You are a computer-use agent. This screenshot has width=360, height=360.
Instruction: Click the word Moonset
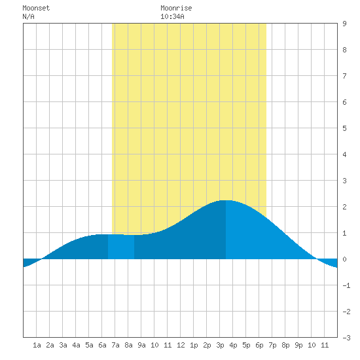pyautogui.click(x=36, y=8)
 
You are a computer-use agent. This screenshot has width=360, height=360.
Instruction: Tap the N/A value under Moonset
pyautogui.click(x=28, y=16)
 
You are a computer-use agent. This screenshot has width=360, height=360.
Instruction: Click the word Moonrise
pyautogui.click(x=176, y=8)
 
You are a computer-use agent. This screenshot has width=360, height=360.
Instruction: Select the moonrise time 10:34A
pyautogui.click(x=172, y=16)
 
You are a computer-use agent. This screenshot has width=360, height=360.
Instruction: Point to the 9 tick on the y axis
pyautogui.click(x=344, y=24)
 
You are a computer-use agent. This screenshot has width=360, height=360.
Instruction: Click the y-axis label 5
pyautogui.click(x=344, y=128)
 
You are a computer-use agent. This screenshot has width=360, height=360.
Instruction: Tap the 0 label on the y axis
pyautogui.click(x=344, y=259)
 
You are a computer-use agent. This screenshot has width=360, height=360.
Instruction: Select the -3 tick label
pyautogui.click(x=346, y=338)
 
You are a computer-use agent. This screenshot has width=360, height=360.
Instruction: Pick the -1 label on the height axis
pyautogui.click(x=346, y=285)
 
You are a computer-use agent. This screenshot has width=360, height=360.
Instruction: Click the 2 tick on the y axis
pyautogui.click(x=344, y=207)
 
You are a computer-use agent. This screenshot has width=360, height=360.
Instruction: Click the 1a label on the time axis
pyautogui.click(x=37, y=345)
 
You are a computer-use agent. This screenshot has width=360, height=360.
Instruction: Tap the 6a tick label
pyautogui.click(x=102, y=345)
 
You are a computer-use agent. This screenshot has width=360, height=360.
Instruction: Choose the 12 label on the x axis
pyautogui.click(x=181, y=345)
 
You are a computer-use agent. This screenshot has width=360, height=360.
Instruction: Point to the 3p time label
pyautogui.click(x=220, y=345)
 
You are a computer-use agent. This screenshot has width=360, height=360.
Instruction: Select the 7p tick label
pyautogui.click(x=272, y=345)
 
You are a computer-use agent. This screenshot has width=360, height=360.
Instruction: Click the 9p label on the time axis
pyautogui.click(x=298, y=345)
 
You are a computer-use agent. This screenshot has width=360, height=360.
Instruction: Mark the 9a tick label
pyautogui.click(x=141, y=345)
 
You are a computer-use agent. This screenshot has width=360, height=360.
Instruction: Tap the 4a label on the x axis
pyautogui.click(x=76, y=345)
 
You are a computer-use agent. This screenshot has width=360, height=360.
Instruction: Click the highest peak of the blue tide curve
pyautogui.click(x=226, y=201)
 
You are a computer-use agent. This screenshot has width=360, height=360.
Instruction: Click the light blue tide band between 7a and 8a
pyautogui.click(x=121, y=247)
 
